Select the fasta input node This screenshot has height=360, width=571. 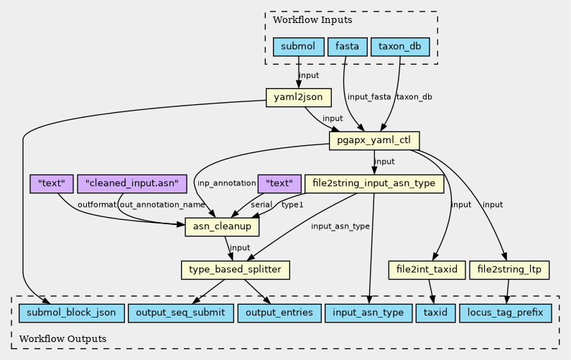pos(348,47)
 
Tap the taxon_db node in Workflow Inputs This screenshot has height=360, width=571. pos(400,47)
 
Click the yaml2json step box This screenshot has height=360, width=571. pos(298,97)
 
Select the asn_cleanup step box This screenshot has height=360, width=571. pos(222,227)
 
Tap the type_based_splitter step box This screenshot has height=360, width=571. pos(235,270)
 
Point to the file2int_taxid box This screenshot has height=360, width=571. pos(427,270)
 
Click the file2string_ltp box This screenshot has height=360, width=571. pos(509,270)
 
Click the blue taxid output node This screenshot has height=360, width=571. pos(435,313)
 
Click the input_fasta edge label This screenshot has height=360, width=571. pos(368,97)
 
